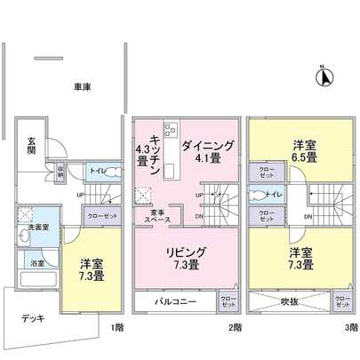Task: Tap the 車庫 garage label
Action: pos(84,86)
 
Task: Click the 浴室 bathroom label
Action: pos(38,264)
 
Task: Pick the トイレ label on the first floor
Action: pos(98,167)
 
